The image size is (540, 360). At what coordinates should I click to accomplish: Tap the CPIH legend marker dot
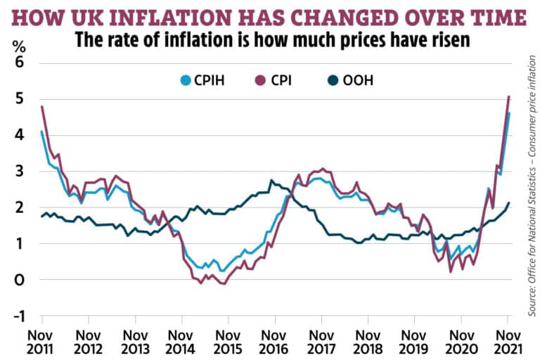[186, 80]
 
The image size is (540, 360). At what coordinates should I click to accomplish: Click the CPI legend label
[281, 80]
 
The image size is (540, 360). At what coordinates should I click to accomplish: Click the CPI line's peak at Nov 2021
[509, 96]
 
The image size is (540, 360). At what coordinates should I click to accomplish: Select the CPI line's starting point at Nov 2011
[42, 106]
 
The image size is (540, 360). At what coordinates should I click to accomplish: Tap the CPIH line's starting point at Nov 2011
[42, 131]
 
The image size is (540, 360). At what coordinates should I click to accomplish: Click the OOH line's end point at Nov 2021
[509, 202]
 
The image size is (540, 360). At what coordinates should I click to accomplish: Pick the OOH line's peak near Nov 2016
[271, 181]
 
